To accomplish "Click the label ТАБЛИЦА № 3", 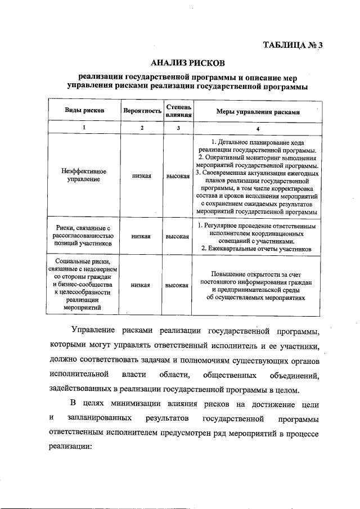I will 294,46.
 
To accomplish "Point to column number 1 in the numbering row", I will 84,128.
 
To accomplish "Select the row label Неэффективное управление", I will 84,175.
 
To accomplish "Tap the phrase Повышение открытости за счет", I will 258,273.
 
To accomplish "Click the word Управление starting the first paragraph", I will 92,329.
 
